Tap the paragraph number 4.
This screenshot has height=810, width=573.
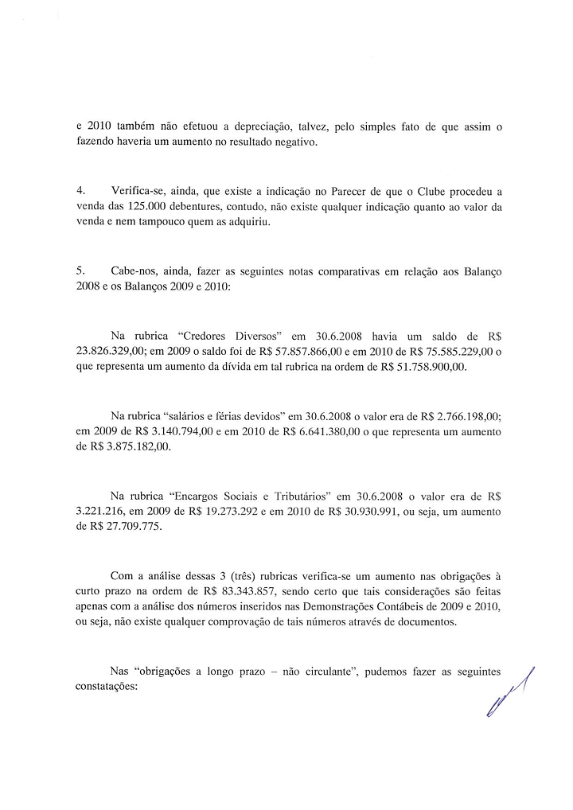[80, 192]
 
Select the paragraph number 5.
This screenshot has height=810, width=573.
[80, 271]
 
